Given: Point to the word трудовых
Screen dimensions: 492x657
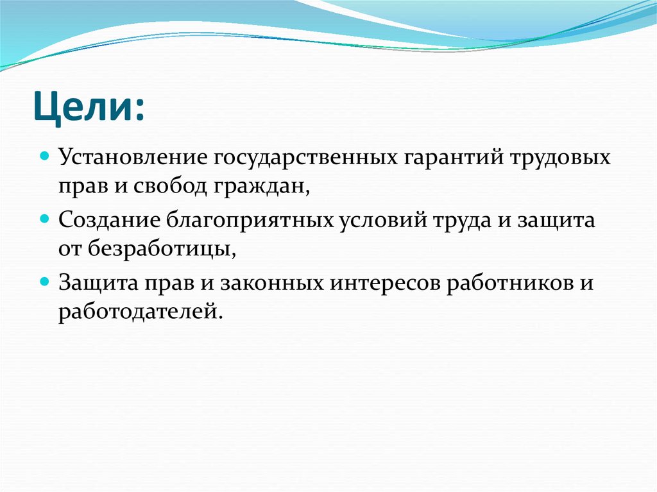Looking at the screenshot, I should coord(561,158).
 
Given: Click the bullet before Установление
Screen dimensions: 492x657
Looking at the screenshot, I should coord(45,156).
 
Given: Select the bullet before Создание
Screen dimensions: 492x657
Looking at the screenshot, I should coord(45,219).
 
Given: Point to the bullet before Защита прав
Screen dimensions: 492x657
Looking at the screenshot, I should coord(45,281).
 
